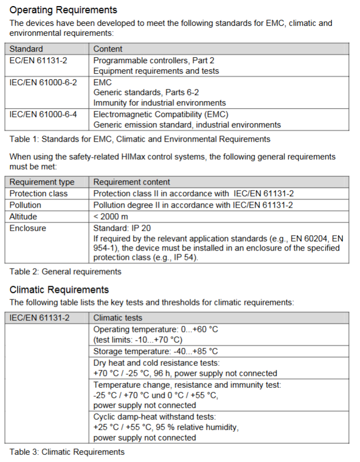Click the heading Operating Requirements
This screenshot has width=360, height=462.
click(63, 10)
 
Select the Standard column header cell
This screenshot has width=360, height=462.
click(26, 49)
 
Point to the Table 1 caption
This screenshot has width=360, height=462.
click(140, 139)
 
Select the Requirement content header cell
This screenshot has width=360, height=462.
click(132, 182)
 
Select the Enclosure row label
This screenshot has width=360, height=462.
click(27, 228)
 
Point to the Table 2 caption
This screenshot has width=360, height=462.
click(65, 271)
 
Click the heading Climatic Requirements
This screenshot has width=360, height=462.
click(59, 290)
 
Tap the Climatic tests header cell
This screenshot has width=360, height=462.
click(118, 318)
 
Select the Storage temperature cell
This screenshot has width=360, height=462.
click(156, 352)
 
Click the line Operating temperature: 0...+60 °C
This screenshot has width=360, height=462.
click(156, 329)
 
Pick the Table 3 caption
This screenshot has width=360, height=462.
click(67, 452)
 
